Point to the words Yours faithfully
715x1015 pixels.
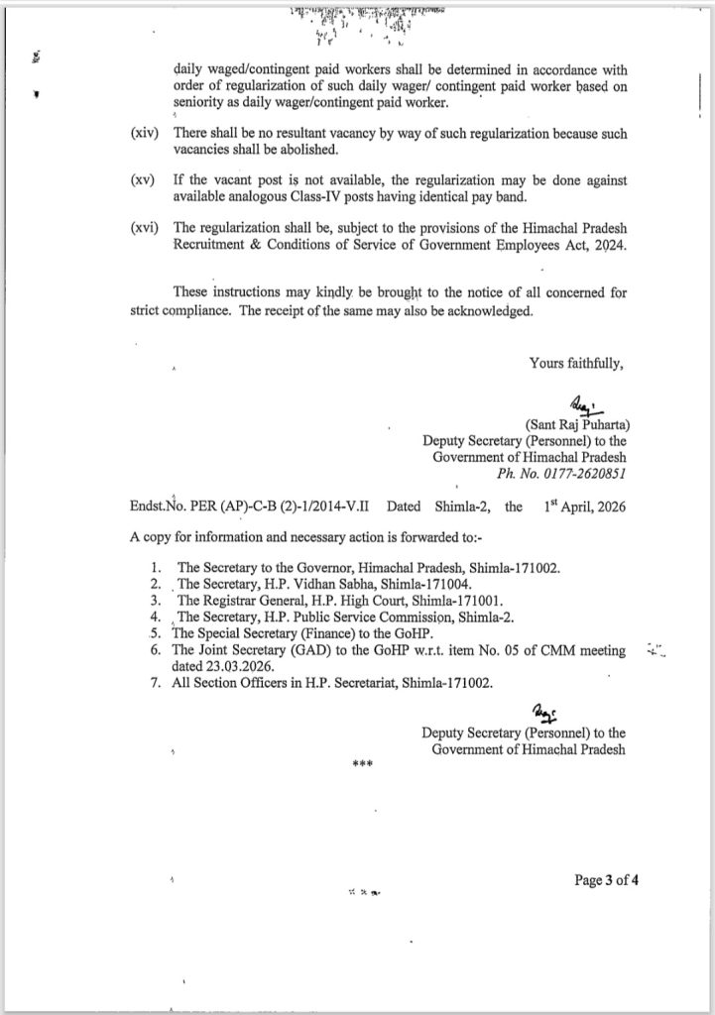tap(576, 363)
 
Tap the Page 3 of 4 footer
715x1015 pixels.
tap(606, 879)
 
